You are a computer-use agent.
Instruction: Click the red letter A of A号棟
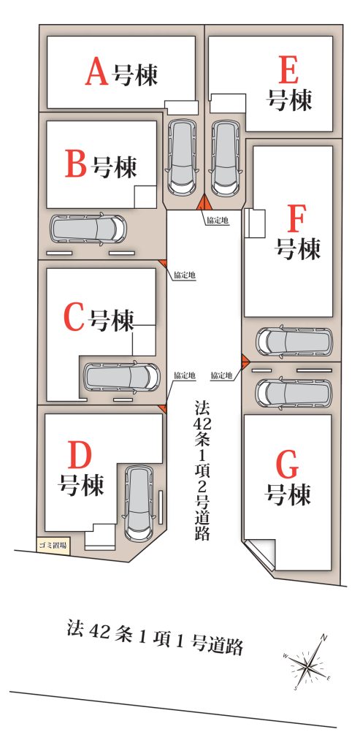tap(97, 72)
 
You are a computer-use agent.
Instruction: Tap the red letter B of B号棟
tap(76, 164)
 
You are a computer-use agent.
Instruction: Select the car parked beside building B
tap(88, 229)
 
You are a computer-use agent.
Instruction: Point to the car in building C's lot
tap(122, 376)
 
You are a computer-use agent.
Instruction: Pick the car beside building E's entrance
tap(225, 158)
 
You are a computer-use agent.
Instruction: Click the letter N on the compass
tap(323, 637)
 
